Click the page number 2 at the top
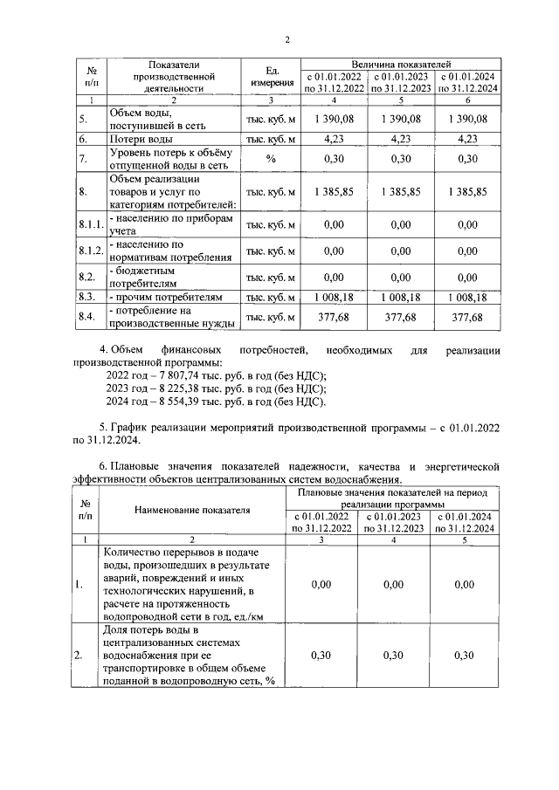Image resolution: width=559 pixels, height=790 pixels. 286,38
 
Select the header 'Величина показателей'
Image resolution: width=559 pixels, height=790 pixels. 400,65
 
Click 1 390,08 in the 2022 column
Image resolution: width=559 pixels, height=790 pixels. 334,120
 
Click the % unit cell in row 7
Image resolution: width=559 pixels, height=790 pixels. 271,158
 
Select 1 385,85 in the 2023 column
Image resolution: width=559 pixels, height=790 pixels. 400,191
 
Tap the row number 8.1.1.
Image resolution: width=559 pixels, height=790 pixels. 90,224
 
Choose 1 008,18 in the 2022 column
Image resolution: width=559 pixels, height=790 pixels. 334,298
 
